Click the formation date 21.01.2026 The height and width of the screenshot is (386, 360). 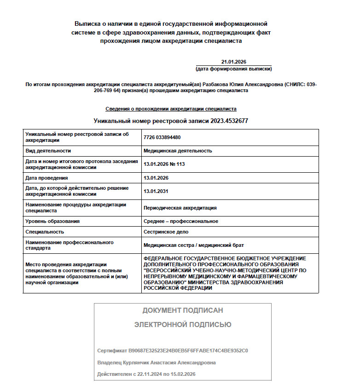pyautogui.click(x=233, y=62)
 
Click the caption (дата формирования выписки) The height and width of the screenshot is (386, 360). pyautogui.click(x=233, y=69)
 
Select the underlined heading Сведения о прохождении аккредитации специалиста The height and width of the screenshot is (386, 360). pyautogui.click(x=171, y=109)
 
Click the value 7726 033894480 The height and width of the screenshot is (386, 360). pyautogui.click(x=162, y=137)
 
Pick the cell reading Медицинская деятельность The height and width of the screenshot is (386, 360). pyautogui.click(x=178, y=151)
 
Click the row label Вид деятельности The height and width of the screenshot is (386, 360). pyautogui.click(x=48, y=151)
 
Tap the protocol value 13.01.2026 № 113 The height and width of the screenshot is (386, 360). pyautogui.click(x=164, y=164)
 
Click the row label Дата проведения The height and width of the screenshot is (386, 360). pyautogui.click(x=47, y=178)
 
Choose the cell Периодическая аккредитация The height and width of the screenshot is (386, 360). pyautogui.click(x=180, y=208)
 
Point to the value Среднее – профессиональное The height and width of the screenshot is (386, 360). pyautogui.click(x=181, y=221)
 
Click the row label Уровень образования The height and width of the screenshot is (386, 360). pyautogui.click(x=52, y=221)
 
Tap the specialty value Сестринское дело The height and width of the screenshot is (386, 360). pyautogui.click(x=166, y=232)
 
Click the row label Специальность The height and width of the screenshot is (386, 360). pyautogui.click(x=45, y=232)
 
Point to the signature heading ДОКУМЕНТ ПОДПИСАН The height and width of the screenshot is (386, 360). pyautogui.click(x=183, y=310)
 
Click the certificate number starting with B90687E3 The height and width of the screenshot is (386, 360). pyautogui.click(x=189, y=351)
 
